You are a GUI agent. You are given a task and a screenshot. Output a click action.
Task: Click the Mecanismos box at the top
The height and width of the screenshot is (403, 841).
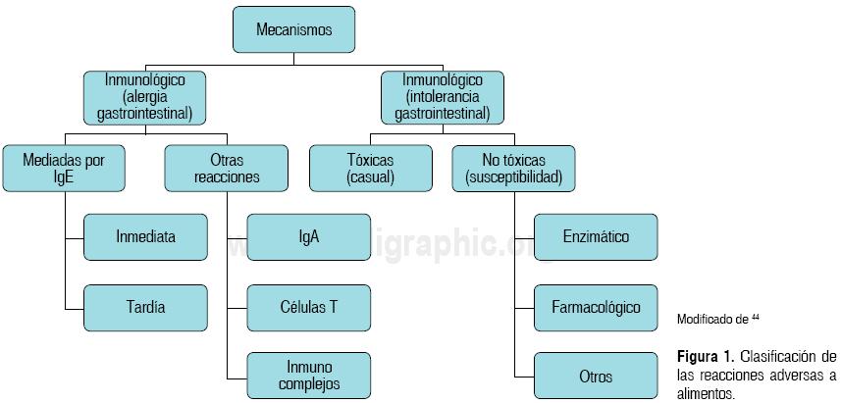coord(293,29)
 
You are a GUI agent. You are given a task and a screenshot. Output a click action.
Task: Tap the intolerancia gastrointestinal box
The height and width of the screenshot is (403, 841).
coord(442,97)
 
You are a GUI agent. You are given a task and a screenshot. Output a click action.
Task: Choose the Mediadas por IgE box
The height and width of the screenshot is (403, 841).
coord(65,168)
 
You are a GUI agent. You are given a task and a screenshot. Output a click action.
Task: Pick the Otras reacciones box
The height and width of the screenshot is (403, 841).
coord(227,168)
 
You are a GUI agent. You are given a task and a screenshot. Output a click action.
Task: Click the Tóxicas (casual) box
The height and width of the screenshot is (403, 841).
coord(370,168)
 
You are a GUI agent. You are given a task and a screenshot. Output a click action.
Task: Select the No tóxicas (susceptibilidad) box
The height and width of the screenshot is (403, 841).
coord(514,168)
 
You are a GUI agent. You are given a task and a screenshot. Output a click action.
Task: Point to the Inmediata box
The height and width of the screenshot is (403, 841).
coord(145,236)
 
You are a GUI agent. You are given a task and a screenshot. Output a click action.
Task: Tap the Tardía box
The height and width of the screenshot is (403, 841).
coord(145,307)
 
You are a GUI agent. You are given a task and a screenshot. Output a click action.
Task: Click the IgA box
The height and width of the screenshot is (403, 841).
coord(308,236)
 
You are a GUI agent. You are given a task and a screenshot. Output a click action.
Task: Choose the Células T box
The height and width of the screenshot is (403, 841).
coord(308,307)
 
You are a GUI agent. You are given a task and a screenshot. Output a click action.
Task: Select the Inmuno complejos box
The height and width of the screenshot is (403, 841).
coord(308,376)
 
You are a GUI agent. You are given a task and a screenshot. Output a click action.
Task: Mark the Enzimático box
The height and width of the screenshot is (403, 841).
coord(596,236)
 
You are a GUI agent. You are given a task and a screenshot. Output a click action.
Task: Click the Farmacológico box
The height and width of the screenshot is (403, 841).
coord(596,307)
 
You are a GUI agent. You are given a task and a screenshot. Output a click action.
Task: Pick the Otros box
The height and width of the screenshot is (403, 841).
coord(596,376)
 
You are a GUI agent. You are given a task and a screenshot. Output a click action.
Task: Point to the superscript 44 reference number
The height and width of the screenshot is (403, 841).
coord(756,316)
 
